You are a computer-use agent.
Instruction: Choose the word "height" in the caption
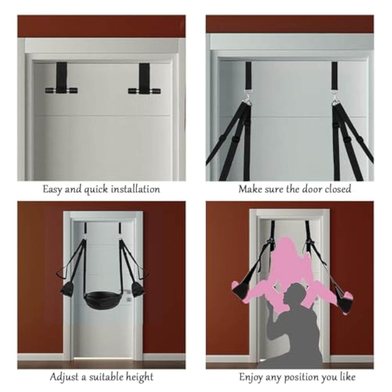[139, 377]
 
